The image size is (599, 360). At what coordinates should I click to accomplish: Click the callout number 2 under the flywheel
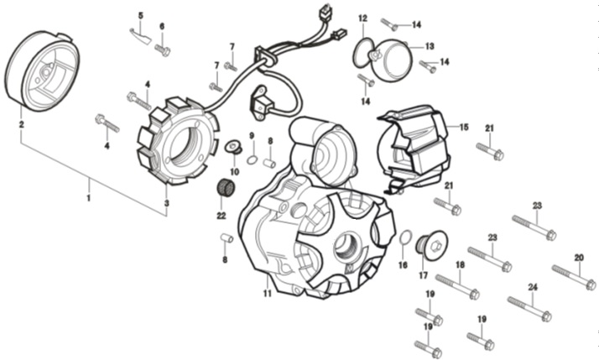click(22, 124)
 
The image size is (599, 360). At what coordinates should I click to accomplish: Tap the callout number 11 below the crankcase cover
click(267, 294)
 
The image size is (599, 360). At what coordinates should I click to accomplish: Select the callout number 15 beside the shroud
click(464, 127)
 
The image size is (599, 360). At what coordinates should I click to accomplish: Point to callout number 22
click(221, 216)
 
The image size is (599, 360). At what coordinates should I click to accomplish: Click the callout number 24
click(533, 287)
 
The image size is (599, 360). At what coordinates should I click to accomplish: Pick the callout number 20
click(579, 258)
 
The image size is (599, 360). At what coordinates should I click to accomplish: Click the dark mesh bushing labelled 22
click(227, 188)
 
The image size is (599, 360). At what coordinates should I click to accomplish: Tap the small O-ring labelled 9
click(253, 159)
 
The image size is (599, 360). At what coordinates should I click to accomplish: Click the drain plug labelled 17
click(432, 245)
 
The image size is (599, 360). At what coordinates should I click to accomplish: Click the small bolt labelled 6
click(163, 50)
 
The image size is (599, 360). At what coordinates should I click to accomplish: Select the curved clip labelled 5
click(140, 36)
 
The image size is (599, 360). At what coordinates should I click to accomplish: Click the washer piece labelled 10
click(233, 147)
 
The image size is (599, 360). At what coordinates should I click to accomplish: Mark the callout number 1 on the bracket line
click(89, 198)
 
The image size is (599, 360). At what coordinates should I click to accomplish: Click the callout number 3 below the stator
click(167, 203)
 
